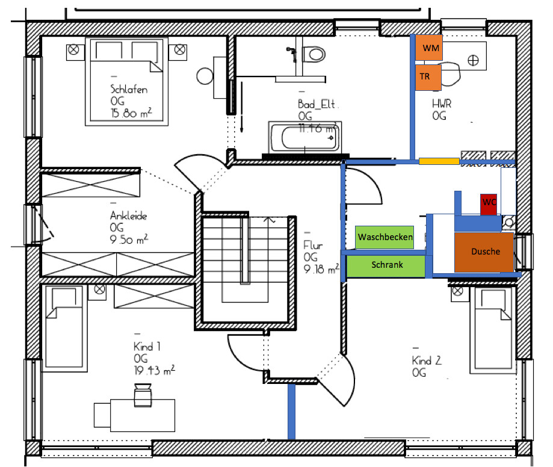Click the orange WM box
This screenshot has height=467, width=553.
pos(430,48)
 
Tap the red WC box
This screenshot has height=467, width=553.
pos(489,203)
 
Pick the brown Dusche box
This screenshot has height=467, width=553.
pos(485,252)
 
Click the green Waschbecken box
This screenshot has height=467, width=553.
pos(385,237)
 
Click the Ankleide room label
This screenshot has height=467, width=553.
pos(128,216)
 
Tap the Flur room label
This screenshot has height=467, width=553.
pos(314,246)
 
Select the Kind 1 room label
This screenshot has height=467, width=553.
pos(147,347)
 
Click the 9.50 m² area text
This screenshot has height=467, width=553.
pos(129,239)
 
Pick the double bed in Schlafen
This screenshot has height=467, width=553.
pos(125,81)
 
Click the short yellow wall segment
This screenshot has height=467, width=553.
pos(439,161)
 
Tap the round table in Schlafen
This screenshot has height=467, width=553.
pos(206,76)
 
